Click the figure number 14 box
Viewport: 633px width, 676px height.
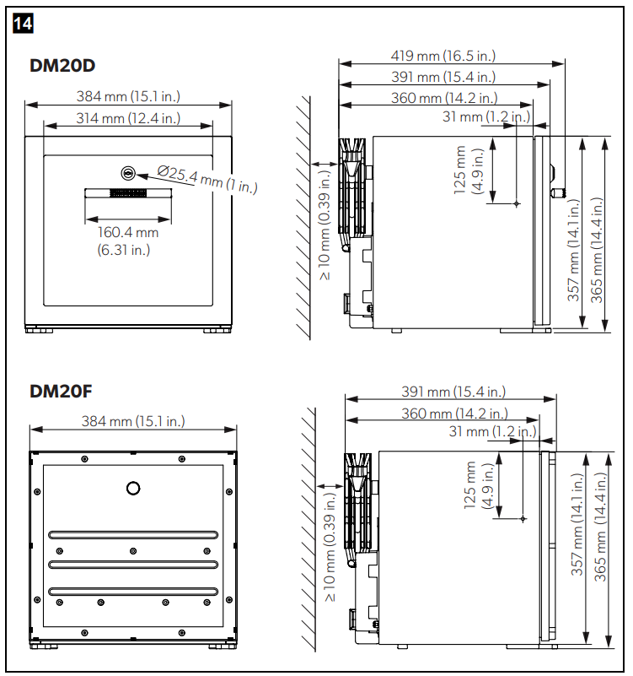pos(23,24)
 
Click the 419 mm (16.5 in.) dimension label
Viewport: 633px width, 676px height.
pos(443,56)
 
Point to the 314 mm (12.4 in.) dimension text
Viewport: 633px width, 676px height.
pos(128,118)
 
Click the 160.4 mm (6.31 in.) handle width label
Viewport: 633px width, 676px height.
pos(128,241)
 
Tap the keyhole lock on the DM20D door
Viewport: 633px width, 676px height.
pos(128,173)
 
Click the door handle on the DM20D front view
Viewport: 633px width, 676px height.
pos(128,193)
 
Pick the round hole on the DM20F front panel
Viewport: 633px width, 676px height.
pos(133,488)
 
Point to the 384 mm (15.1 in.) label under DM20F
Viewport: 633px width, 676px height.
pos(133,421)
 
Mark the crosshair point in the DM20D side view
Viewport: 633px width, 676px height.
pos(517,203)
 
